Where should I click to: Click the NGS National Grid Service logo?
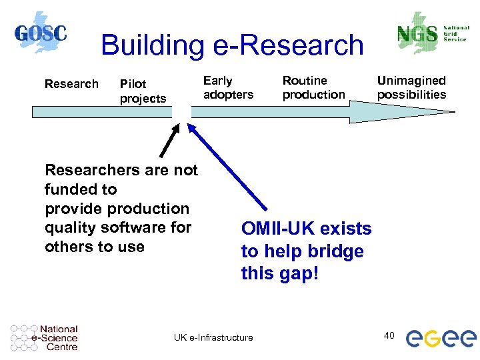point(430,33)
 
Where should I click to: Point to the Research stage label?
point(71,84)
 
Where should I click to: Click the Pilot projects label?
point(142,91)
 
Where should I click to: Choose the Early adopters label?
point(228,87)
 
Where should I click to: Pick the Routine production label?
point(313,87)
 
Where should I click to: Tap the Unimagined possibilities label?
point(411,87)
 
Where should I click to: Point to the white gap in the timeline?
point(181,111)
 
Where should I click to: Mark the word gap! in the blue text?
point(299,273)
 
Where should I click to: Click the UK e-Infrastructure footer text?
point(213,337)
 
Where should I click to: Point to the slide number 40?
point(389,335)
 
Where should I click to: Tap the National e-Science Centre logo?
point(45,337)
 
